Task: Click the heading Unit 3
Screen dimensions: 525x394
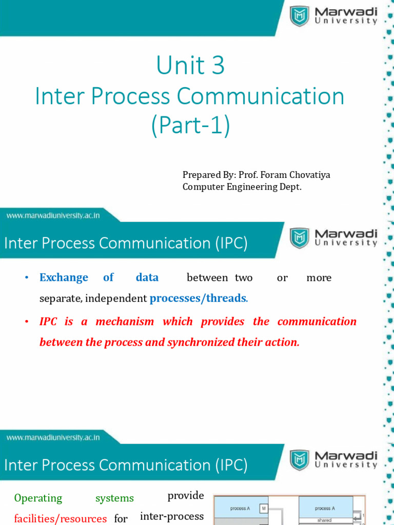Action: coord(190,66)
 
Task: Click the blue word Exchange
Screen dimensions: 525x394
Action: coord(64,277)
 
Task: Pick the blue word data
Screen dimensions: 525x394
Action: coord(147,277)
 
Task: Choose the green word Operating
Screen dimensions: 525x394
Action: coord(38,498)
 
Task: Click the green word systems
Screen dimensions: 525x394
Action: coord(114,498)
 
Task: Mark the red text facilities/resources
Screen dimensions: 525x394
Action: coord(61,518)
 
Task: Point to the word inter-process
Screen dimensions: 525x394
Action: coord(172,516)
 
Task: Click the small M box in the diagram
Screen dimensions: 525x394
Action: coord(264,509)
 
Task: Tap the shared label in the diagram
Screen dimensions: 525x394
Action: coord(324,520)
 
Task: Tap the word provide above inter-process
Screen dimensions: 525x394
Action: coord(186,496)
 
